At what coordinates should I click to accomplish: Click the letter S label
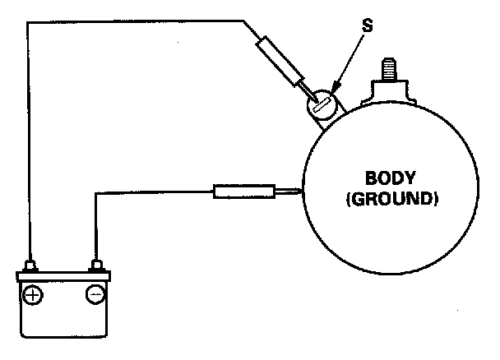(x=367, y=26)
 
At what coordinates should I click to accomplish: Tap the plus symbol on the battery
(x=33, y=293)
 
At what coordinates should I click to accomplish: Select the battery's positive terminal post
(x=30, y=265)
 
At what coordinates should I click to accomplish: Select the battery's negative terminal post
(x=97, y=265)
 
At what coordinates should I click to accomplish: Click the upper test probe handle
(x=277, y=60)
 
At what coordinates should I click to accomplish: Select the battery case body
(x=63, y=308)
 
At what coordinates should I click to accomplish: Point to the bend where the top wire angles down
(x=244, y=22)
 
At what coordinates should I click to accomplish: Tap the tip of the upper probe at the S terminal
(x=312, y=99)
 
